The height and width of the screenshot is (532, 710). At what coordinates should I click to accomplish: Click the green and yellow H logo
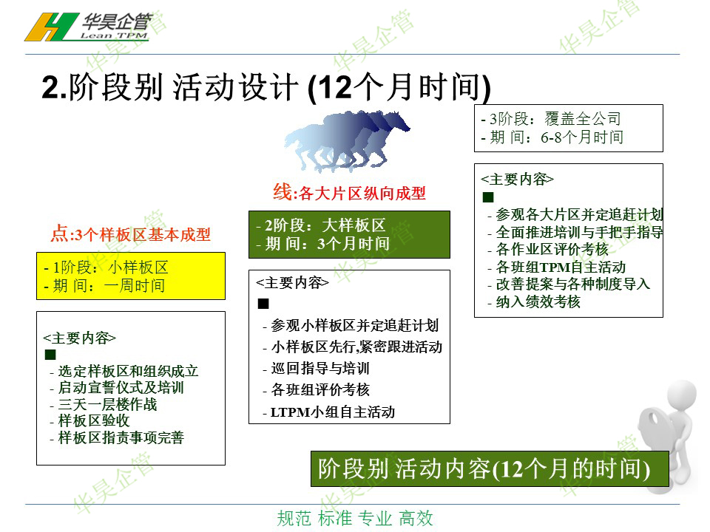click(x=51, y=27)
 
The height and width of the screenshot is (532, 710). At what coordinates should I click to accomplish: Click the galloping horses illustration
click(x=346, y=140)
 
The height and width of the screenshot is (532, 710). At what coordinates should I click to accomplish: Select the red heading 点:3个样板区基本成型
click(x=130, y=234)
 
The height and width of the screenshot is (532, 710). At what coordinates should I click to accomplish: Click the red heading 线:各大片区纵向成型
click(x=349, y=193)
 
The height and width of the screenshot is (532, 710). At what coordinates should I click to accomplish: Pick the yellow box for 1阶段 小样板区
click(x=131, y=276)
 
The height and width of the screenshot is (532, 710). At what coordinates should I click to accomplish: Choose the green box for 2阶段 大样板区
click(x=349, y=234)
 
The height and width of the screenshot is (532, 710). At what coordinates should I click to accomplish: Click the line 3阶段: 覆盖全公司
click(x=551, y=119)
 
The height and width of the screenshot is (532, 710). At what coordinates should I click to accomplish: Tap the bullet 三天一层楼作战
click(x=104, y=404)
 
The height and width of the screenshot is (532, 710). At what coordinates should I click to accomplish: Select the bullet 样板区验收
click(x=89, y=420)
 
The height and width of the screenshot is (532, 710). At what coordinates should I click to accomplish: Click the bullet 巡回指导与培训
click(x=316, y=368)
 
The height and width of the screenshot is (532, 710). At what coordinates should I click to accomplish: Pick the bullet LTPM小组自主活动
click(x=328, y=412)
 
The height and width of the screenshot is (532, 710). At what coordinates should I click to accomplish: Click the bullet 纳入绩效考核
click(x=534, y=301)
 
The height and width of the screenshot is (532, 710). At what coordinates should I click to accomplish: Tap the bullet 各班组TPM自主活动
click(x=556, y=267)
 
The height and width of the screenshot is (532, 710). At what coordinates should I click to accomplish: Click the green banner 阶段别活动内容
click(x=490, y=468)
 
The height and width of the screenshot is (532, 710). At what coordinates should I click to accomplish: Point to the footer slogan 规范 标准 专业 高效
click(x=355, y=519)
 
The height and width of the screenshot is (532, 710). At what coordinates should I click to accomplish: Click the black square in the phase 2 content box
click(x=263, y=304)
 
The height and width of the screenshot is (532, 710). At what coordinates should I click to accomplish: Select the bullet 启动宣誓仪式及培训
click(x=117, y=388)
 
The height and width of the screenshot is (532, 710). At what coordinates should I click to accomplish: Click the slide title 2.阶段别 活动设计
click(x=266, y=87)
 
